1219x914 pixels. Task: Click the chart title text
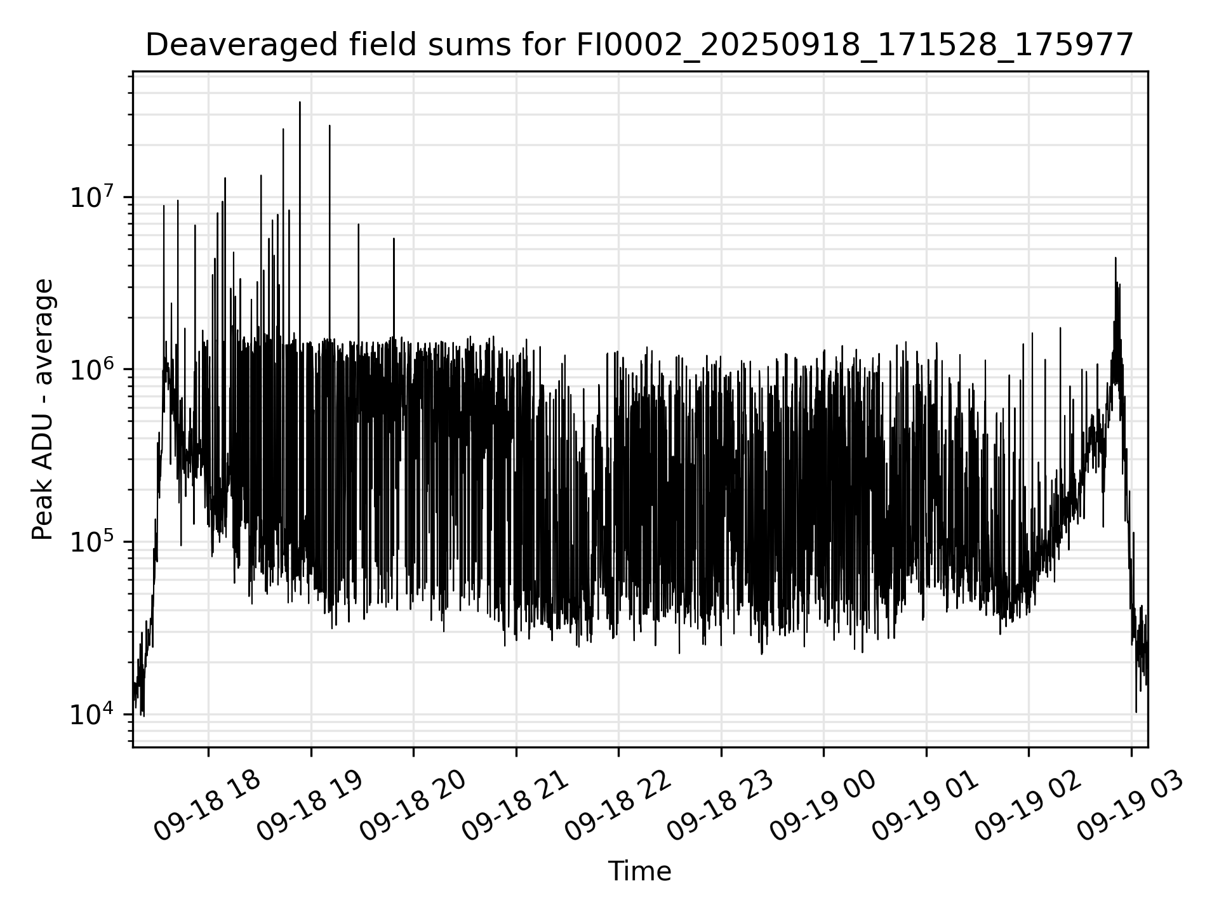pyautogui.click(x=639, y=45)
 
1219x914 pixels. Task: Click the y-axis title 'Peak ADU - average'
pyautogui.click(x=43, y=409)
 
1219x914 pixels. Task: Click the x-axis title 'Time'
pyautogui.click(x=639, y=871)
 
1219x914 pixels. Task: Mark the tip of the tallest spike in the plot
pyautogui.click(x=300, y=102)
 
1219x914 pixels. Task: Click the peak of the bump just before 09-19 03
pyautogui.click(x=1116, y=258)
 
